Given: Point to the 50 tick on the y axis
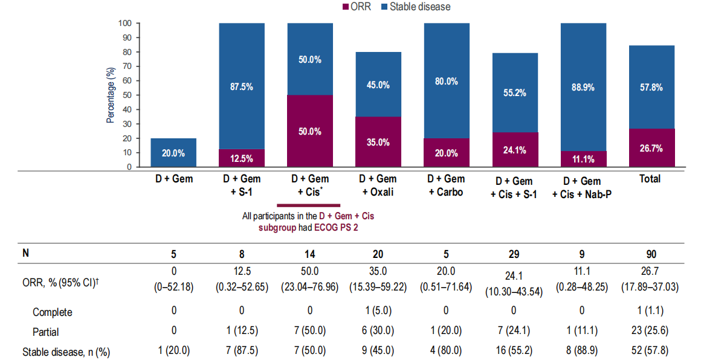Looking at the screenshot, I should [x=128, y=95].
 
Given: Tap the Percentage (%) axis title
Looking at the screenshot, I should [x=111, y=95].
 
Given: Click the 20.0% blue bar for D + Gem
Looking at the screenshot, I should [x=173, y=153].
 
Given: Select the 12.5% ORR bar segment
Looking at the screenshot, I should [x=242, y=158].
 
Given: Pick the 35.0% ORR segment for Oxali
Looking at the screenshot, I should [x=378, y=143].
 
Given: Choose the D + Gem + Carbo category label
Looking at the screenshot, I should [x=446, y=185].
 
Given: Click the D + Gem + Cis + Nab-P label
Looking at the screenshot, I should [x=583, y=187].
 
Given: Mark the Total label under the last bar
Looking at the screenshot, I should [x=650, y=179].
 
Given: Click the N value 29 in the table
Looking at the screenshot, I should [x=514, y=254].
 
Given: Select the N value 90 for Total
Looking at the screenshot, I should [x=650, y=254].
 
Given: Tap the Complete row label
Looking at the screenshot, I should [x=53, y=312].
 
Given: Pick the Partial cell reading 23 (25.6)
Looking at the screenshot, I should [x=650, y=332].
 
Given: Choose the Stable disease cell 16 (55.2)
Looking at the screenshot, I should [x=514, y=351].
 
